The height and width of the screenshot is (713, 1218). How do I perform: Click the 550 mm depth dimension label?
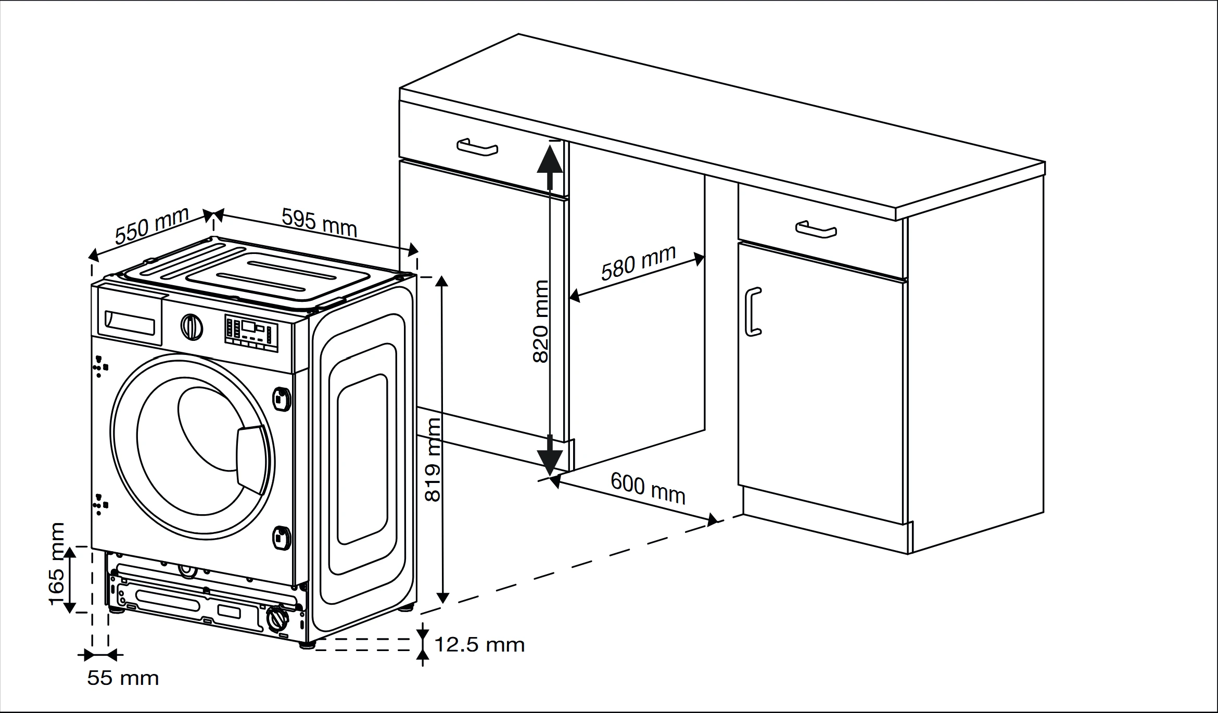151,226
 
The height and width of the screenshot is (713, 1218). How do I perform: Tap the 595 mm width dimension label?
319,222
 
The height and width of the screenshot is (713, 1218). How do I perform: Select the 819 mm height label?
433,460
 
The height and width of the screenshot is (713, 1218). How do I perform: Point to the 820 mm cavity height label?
541,321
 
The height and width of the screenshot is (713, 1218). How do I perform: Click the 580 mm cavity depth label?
638,263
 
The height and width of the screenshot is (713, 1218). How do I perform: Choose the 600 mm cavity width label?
648,488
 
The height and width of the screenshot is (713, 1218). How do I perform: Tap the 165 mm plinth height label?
57,564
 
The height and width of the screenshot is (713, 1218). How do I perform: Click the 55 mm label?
123,678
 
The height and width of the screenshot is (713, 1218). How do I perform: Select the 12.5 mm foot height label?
479,645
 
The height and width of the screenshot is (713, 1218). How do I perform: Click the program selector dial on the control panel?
192,327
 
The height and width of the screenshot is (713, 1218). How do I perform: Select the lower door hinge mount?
282,537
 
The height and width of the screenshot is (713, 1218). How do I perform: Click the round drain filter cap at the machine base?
277,619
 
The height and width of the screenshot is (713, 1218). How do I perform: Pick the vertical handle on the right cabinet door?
753,312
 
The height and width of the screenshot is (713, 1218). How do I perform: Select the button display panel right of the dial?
251,331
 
